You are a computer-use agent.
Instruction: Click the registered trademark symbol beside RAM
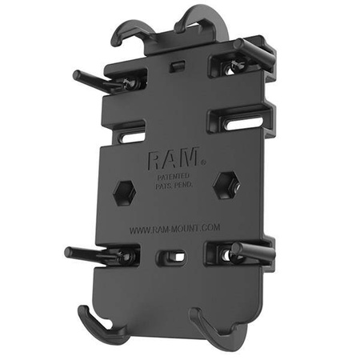pyautogui.click(x=203, y=162)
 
